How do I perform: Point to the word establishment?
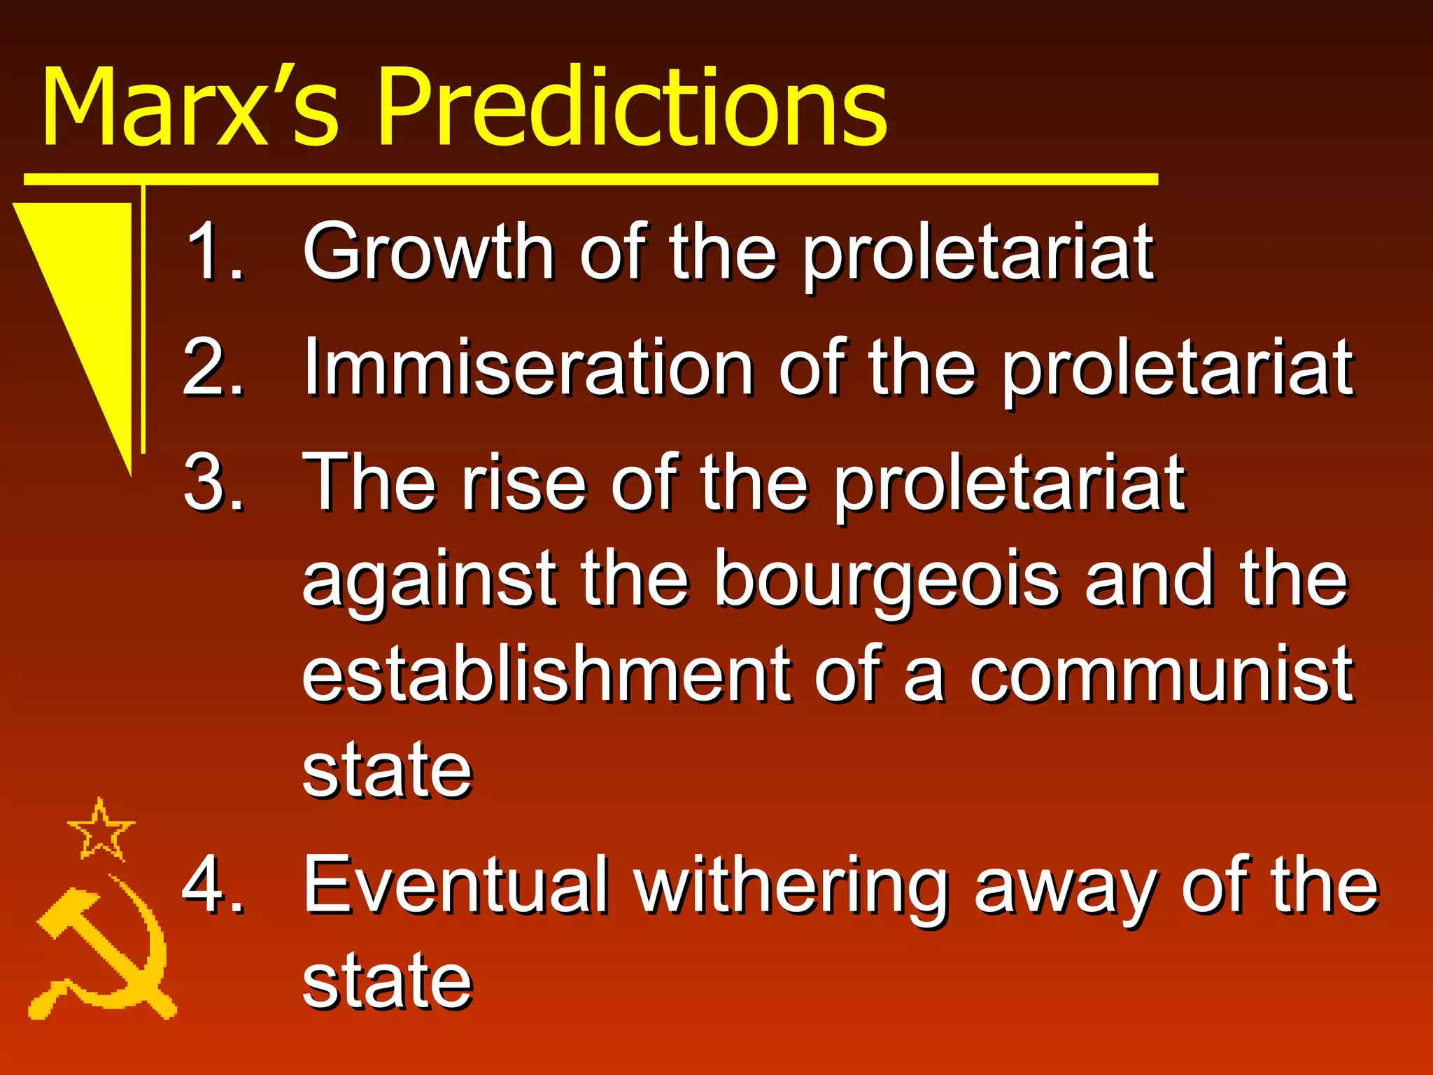(x=546, y=675)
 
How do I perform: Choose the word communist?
(x=1162, y=675)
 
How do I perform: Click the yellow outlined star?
(x=101, y=831)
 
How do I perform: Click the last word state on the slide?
(x=387, y=981)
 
